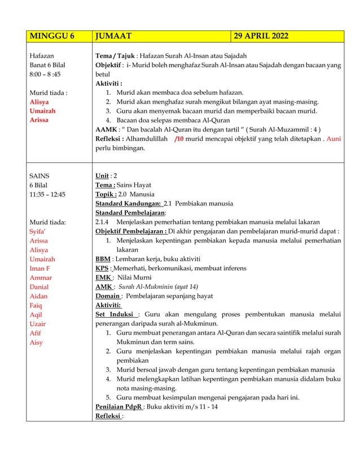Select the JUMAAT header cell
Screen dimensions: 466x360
tap(113, 37)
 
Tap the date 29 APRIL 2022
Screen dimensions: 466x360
tap(262, 37)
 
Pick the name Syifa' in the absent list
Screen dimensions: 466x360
tap(38, 231)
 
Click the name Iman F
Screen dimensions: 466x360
tap(41, 269)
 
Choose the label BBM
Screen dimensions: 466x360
tap(103, 259)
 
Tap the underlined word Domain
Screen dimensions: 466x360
tap(107, 296)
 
